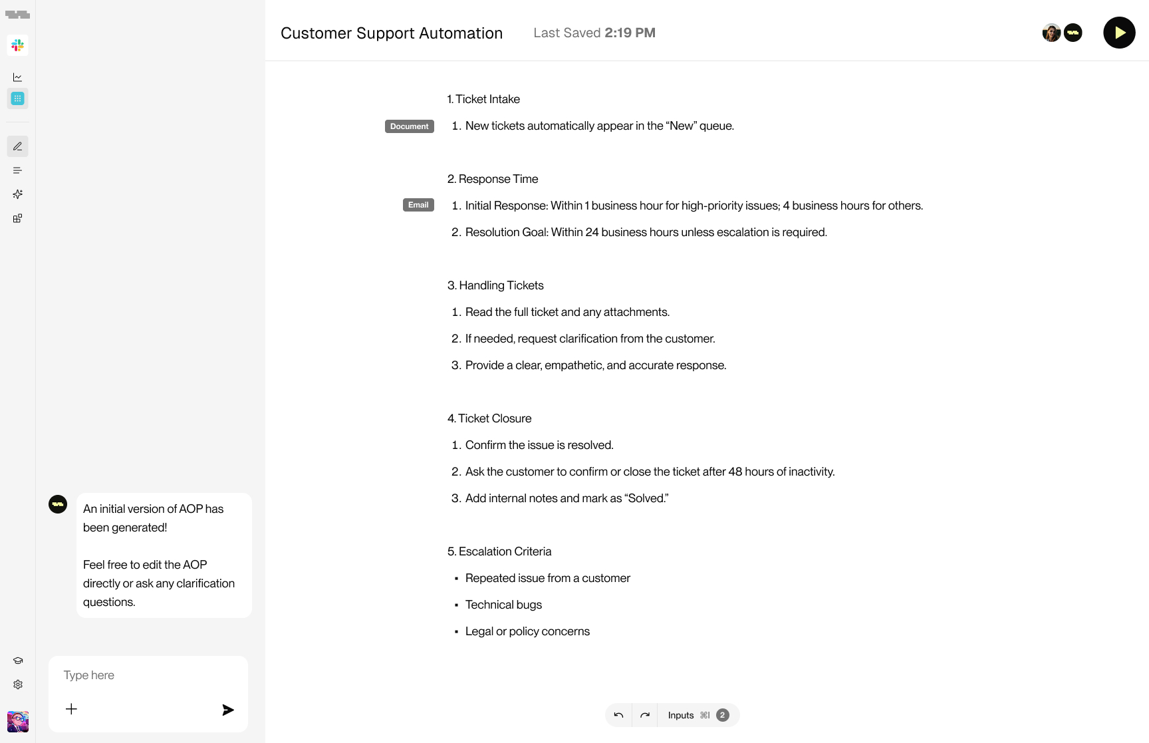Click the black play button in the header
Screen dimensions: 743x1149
tap(1119, 33)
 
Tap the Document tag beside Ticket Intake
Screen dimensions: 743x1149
tap(409, 126)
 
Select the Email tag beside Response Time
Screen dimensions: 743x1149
tap(418, 205)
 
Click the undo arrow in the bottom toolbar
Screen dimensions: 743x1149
tap(618, 715)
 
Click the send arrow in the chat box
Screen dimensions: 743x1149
tap(227, 710)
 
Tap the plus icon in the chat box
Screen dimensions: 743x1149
tap(71, 709)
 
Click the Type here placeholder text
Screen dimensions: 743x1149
tap(89, 675)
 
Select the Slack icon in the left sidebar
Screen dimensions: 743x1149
tap(18, 45)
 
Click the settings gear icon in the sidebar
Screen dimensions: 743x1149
tap(18, 684)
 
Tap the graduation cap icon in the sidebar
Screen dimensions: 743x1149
tap(18, 661)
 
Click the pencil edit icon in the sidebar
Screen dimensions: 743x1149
tap(18, 146)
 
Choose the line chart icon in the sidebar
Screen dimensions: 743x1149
tap(18, 77)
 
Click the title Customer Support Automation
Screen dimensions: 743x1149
tap(392, 33)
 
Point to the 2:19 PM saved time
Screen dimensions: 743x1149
tap(630, 33)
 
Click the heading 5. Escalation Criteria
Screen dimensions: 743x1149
tap(499, 551)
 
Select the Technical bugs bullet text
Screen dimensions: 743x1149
tap(503, 605)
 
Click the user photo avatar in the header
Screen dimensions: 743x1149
tap(1051, 33)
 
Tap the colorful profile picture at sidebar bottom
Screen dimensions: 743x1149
tap(18, 722)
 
